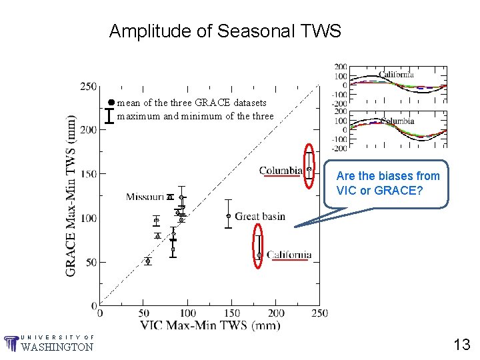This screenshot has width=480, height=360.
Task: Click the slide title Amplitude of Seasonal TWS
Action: coord(225,31)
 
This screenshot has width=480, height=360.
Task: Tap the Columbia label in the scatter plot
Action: coord(281,171)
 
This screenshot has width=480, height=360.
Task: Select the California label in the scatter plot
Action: coord(289,255)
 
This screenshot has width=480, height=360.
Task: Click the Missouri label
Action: coord(145,197)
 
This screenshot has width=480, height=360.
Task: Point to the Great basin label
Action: coord(260,216)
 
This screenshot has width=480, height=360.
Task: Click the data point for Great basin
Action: coord(229,216)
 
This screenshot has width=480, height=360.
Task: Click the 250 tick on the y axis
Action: coord(88,86)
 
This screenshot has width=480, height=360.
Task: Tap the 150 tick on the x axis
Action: coord(231,313)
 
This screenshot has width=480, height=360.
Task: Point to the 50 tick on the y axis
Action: coord(90,262)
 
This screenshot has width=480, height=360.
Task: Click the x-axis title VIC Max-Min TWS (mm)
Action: coord(210,325)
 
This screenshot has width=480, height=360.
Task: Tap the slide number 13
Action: coord(461,345)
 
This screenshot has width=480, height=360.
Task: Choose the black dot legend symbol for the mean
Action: coord(111,103)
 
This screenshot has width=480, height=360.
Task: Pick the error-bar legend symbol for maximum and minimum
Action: coord(110,116)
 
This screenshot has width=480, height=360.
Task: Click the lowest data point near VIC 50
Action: coord(148,261)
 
